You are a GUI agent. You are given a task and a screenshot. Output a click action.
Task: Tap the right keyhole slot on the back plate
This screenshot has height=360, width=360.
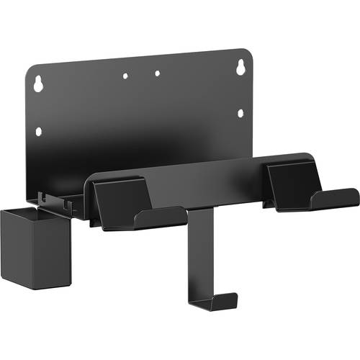238,67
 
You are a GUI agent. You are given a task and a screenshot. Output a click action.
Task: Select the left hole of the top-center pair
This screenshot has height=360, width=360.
125,75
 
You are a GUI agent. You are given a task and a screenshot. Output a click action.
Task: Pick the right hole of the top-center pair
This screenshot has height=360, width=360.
157,73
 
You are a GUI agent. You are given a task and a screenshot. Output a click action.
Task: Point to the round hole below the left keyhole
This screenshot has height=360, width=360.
39,131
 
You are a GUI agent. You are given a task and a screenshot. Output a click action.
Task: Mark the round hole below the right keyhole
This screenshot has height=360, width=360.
240,112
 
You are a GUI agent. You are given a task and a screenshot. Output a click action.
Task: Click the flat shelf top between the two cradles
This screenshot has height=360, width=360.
209,173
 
